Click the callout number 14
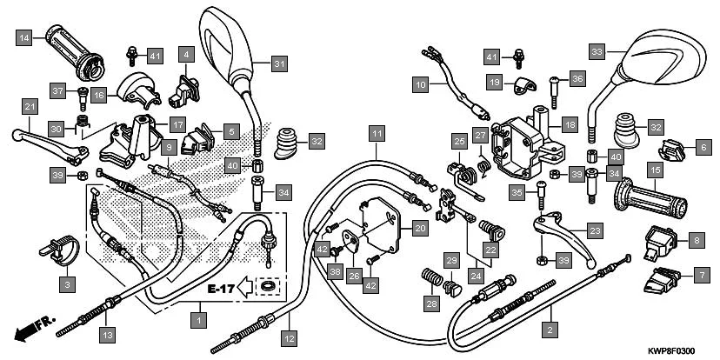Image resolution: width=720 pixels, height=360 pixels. pyautogui.click(x=25, y=37)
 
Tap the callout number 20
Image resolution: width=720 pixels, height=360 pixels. pyautogui.click(x=419, y=229)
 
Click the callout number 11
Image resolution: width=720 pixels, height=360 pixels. pyautogui.click(x=375, y=134)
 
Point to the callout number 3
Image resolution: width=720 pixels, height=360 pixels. pyautogui.click(x=69, y=283)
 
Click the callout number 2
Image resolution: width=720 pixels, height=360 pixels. pyautogui.click(x=549, y=329)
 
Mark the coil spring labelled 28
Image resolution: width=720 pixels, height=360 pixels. pyautogui.click(x=430, y=278)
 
